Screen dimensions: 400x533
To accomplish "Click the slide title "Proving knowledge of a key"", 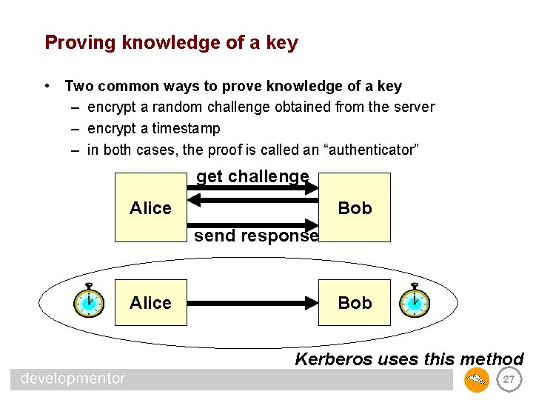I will [171, 42].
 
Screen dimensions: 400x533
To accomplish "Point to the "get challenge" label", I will [252, 176].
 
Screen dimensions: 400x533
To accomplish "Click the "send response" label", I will [256, 236].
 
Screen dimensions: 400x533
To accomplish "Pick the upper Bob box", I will [355, 208].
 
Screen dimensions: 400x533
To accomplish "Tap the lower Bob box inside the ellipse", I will [355, 302].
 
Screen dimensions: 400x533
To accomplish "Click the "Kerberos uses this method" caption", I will [409, 360].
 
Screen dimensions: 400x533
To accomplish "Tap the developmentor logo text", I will [73, 379].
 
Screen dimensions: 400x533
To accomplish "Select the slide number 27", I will [508, 380].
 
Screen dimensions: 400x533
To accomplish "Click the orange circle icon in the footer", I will [476, 380].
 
